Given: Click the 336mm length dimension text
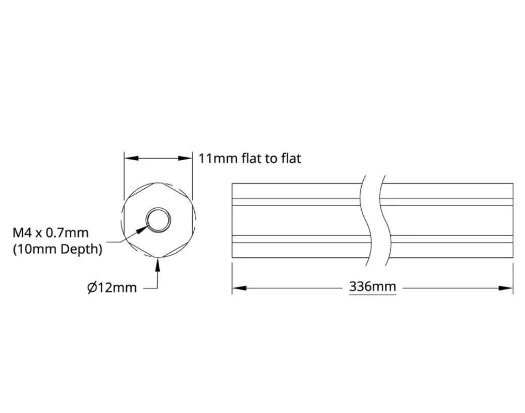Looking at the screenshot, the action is click(x=373, y=287).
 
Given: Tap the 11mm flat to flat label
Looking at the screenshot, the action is click(x=250, y=158).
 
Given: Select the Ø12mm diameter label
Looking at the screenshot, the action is click(x=112, y=287).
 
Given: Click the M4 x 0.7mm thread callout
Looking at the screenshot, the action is click(x=51, y=233).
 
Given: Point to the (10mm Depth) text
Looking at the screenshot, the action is click(x=57, y=249).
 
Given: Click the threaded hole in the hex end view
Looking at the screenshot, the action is click(x=158, y=220).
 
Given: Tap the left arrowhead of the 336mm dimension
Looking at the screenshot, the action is click(x=239, y=288).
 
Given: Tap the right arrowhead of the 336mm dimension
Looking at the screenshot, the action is click(x=505, y=288).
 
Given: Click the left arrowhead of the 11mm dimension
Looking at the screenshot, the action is click(x=132, y=158).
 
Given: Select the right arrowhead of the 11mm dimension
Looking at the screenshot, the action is click(x=185, y=158).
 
